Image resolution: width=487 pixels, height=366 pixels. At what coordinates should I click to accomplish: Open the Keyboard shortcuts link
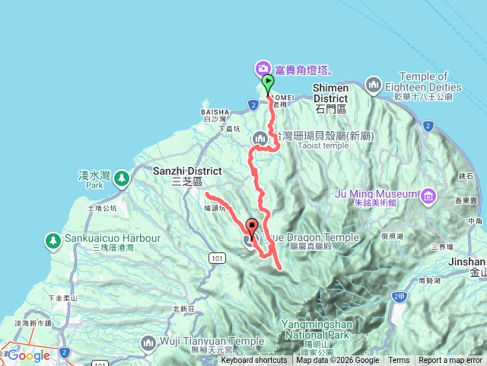coord(254,361)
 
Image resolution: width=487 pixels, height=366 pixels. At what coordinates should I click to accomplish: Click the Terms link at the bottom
coord(399,361)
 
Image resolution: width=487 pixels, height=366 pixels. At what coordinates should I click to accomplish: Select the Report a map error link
coord(450,361)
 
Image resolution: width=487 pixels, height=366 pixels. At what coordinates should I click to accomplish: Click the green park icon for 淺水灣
coord(122,178)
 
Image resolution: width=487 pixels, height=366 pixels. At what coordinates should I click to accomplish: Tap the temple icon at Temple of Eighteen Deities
coord(373,84)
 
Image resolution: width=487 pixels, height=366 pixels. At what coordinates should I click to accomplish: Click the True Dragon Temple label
coord(311,237)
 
